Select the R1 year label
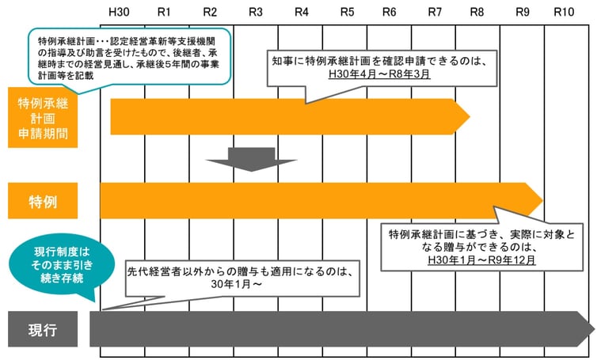point(164,13)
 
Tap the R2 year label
point(210,13)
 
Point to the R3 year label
point(256,13)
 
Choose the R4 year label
point(302,13)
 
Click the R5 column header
point(348,13)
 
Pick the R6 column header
point(389,13)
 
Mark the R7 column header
point(435,13)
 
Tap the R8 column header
point(477,13)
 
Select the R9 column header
point(523,13)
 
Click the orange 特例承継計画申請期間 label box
point(43,116)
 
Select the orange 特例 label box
point(43,201)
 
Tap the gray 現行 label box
point(43,329)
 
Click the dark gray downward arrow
point(251,159)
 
